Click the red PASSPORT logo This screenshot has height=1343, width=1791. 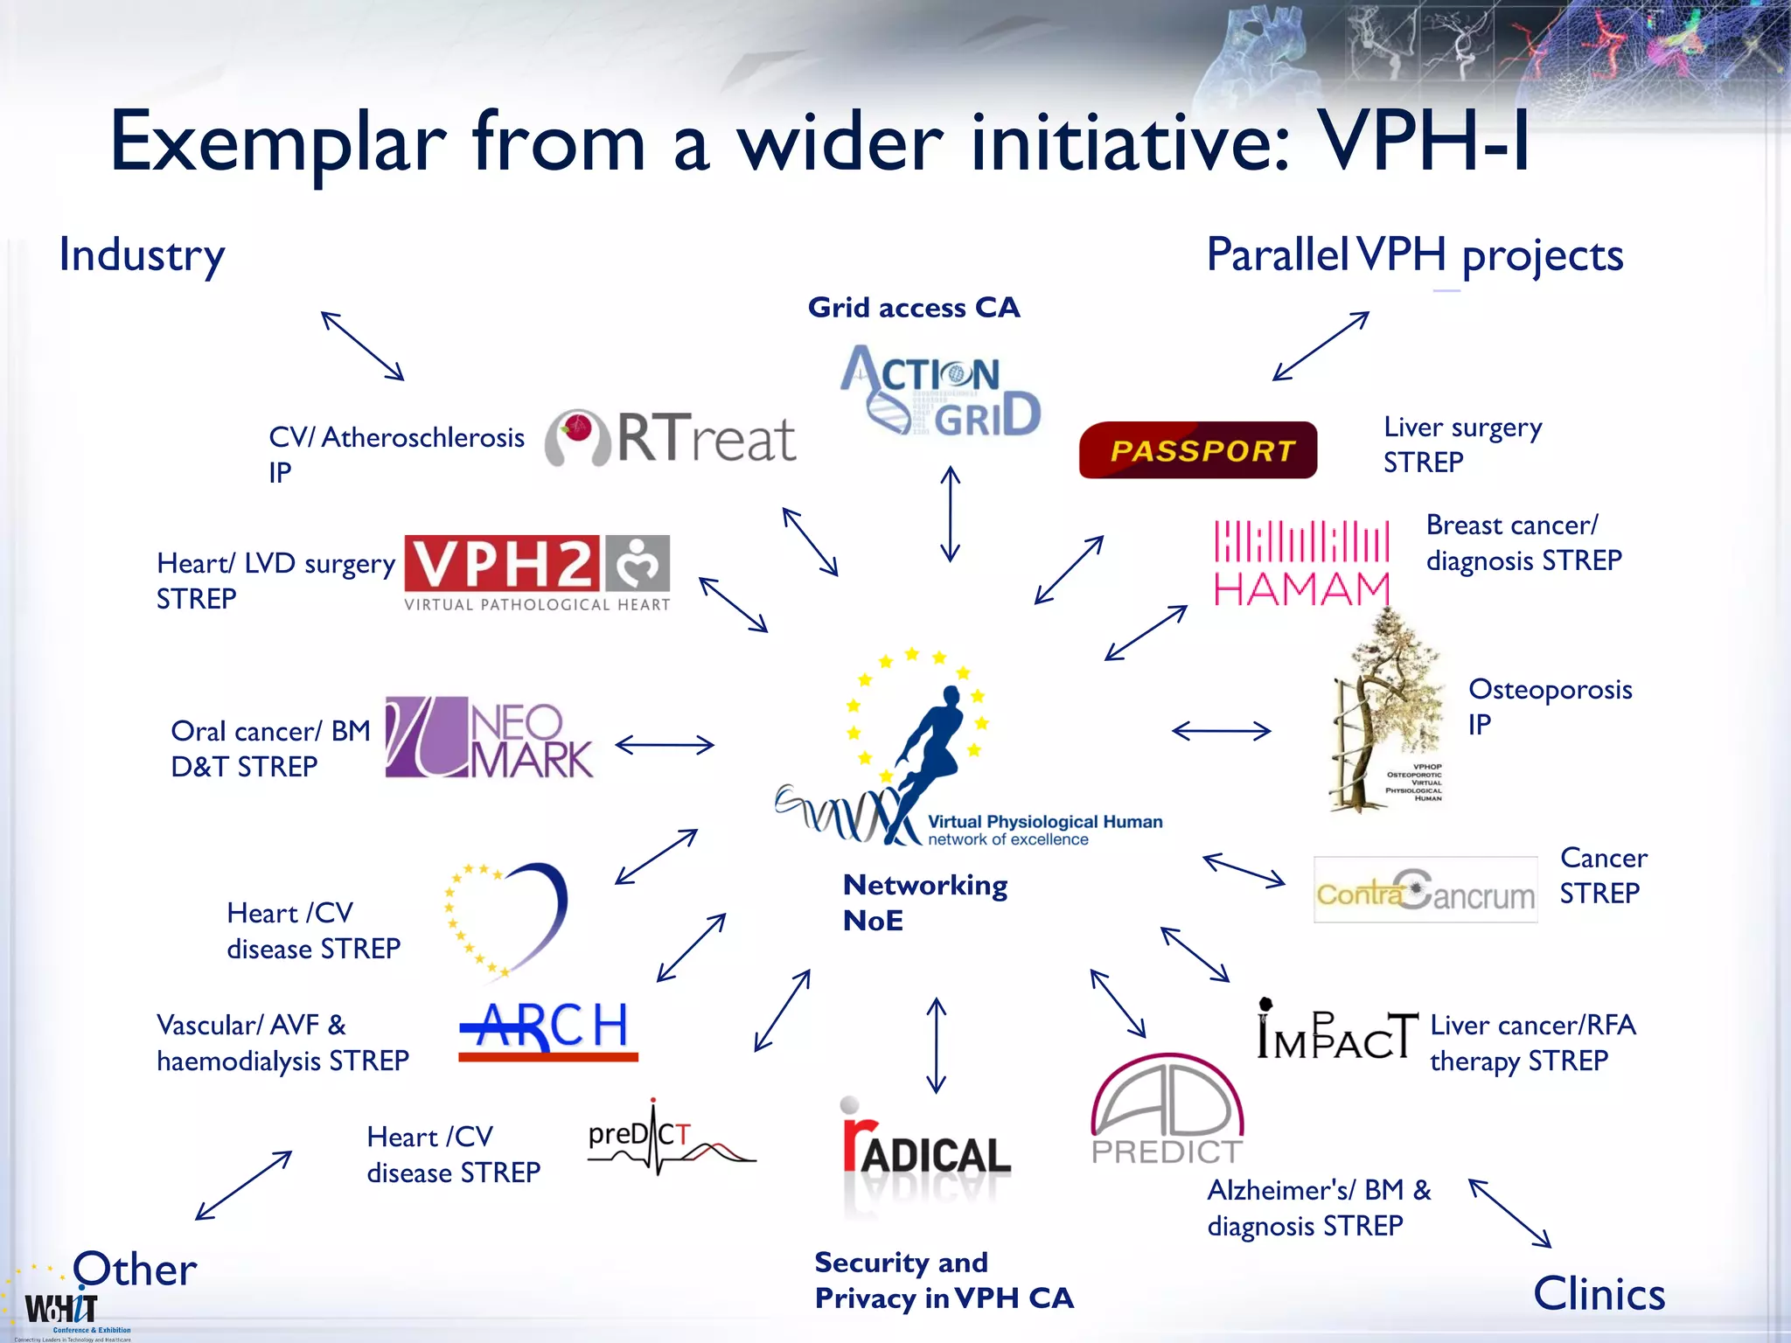[1197, 450]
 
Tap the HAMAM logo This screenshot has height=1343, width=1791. [1301, 563]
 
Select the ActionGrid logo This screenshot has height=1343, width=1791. [940, 391]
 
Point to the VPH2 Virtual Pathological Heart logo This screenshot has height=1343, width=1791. [537, 573]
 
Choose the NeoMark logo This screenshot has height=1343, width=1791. [490, 737]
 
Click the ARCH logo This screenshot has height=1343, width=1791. [548, 1029]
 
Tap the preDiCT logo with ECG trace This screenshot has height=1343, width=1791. [671, 1138]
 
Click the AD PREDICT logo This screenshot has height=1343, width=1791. [1167, 1110]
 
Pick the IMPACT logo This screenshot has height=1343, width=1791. [1336, 1031]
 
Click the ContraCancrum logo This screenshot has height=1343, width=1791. [1425, 890]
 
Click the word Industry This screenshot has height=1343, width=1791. [142, 255]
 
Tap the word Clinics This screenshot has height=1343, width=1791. [1599, 1293]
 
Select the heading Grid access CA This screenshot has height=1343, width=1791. [914, 308]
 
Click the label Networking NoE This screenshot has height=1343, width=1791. [924, 902]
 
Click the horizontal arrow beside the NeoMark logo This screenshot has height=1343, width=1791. [665, 745]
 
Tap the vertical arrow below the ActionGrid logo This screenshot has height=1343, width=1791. [951, 514]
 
